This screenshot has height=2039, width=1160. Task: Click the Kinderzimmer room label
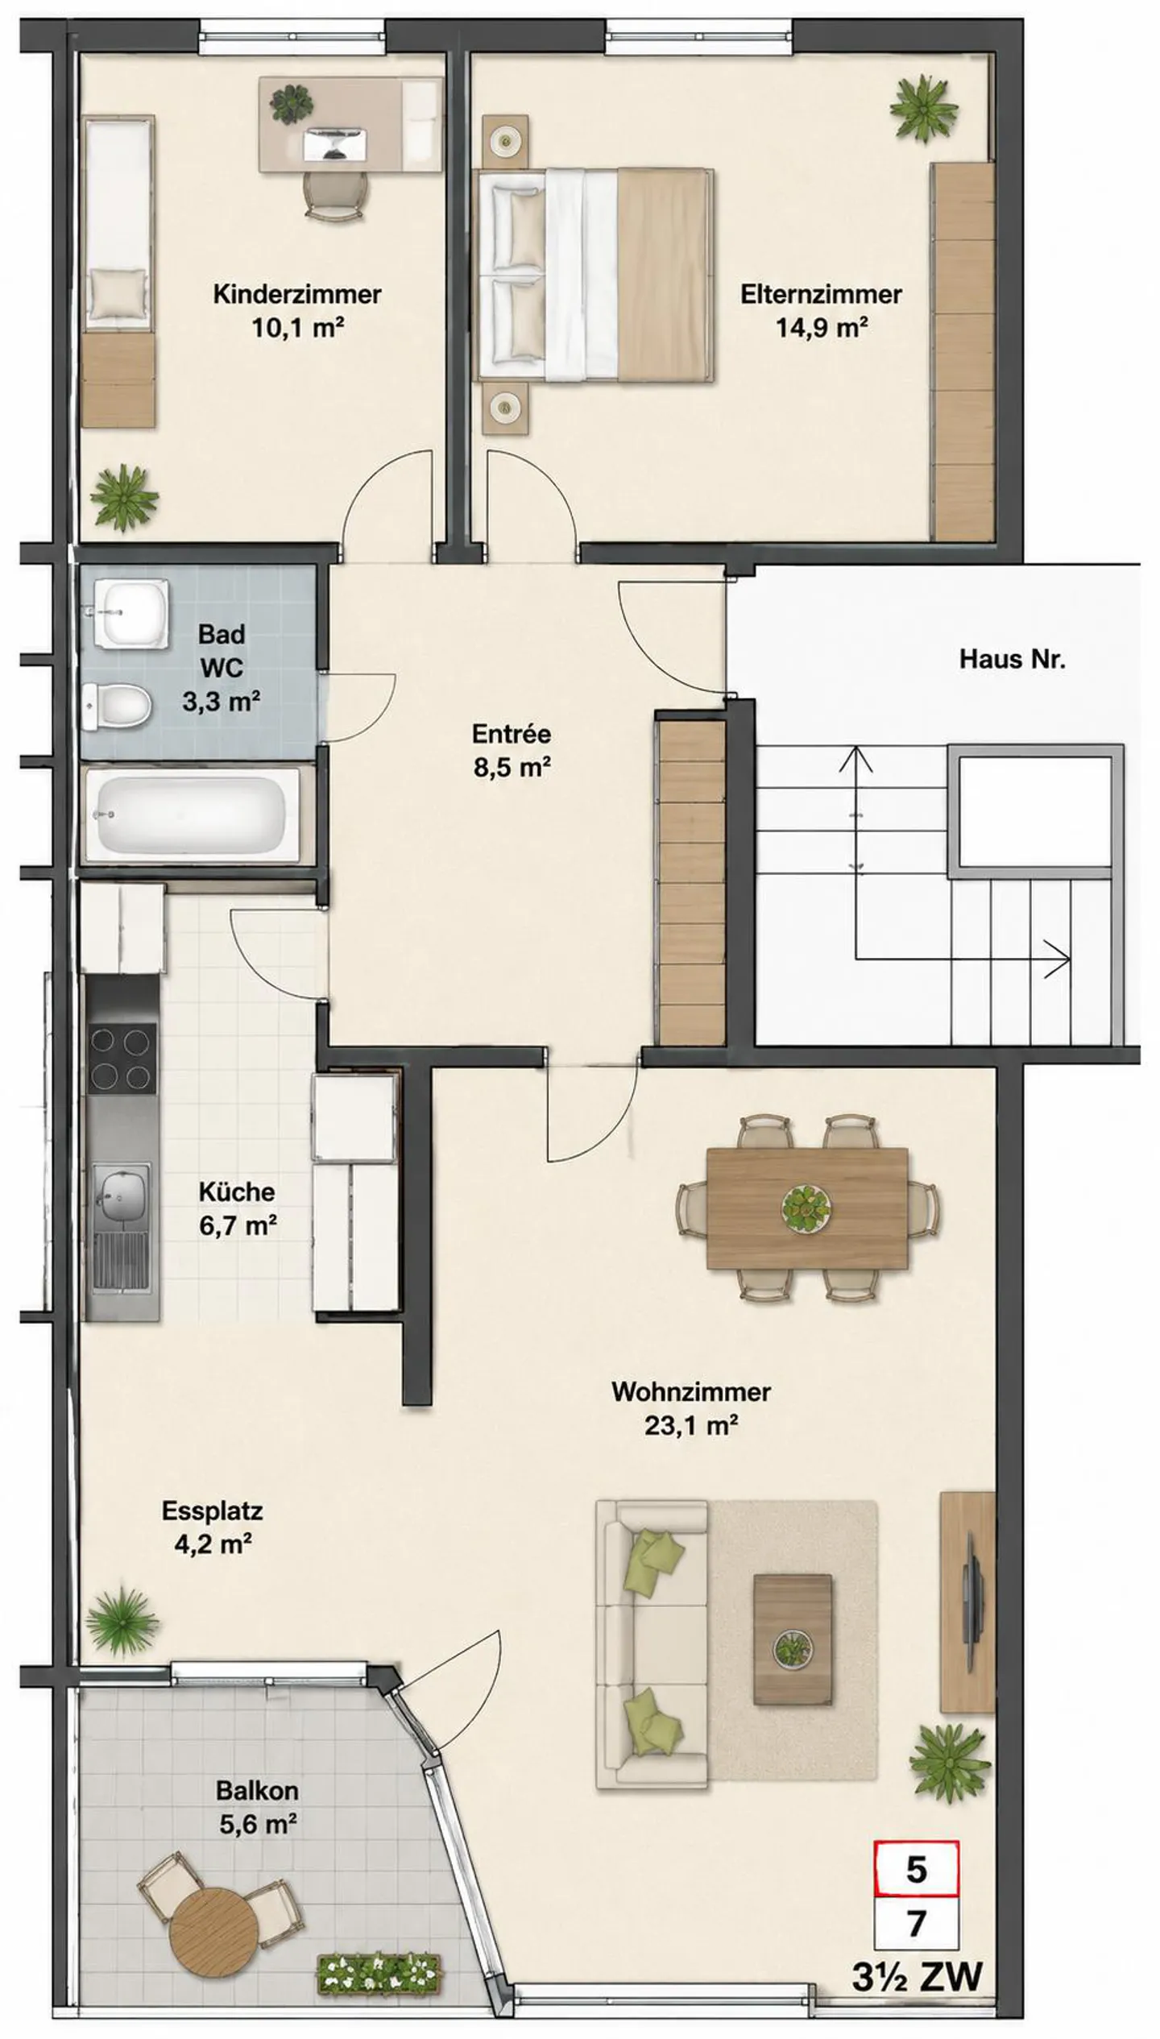296,294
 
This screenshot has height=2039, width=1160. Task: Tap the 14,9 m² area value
821,328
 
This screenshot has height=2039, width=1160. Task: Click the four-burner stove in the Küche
122,1059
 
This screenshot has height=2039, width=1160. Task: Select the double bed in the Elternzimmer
595,275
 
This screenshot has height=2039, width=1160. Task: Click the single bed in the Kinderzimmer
118,271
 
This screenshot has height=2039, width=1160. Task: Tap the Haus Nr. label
1012,660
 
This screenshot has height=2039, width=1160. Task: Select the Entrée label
512,734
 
